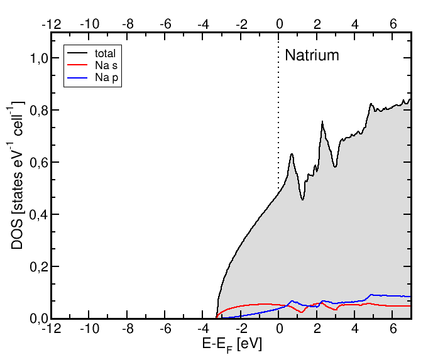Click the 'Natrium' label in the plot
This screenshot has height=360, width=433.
tap(312, 55)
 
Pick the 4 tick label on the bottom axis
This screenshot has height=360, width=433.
tap(356, 329)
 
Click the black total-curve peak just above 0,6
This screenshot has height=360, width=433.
tap(292, 154)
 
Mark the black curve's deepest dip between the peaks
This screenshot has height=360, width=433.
tap(303, 199)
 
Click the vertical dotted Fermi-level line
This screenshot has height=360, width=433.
tap(279, 126)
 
